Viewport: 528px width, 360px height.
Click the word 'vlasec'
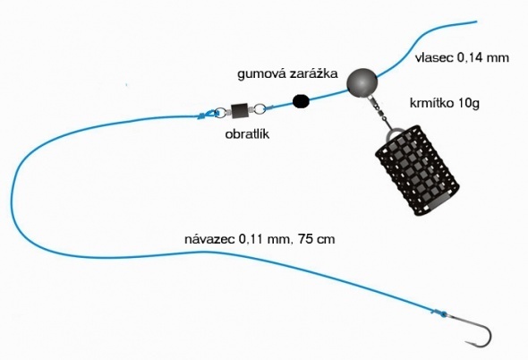point(434,58)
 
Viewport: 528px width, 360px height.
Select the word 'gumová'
point(261,74)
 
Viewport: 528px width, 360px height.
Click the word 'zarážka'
point(313,73)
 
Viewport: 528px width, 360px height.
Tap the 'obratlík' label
point(247,134)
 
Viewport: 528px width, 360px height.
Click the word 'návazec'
point(209,239)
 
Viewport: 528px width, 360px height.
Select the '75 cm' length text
point(317,239)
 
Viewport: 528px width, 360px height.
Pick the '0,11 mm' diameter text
point(265,239)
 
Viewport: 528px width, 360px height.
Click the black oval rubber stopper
point(301,101)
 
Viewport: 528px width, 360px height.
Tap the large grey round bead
point(362,82)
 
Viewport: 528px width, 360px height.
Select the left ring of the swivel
point(220,113)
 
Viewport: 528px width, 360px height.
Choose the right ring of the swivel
point(260,108)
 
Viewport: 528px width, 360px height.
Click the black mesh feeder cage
point(417,170)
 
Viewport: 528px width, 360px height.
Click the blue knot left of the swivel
point(205,115)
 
